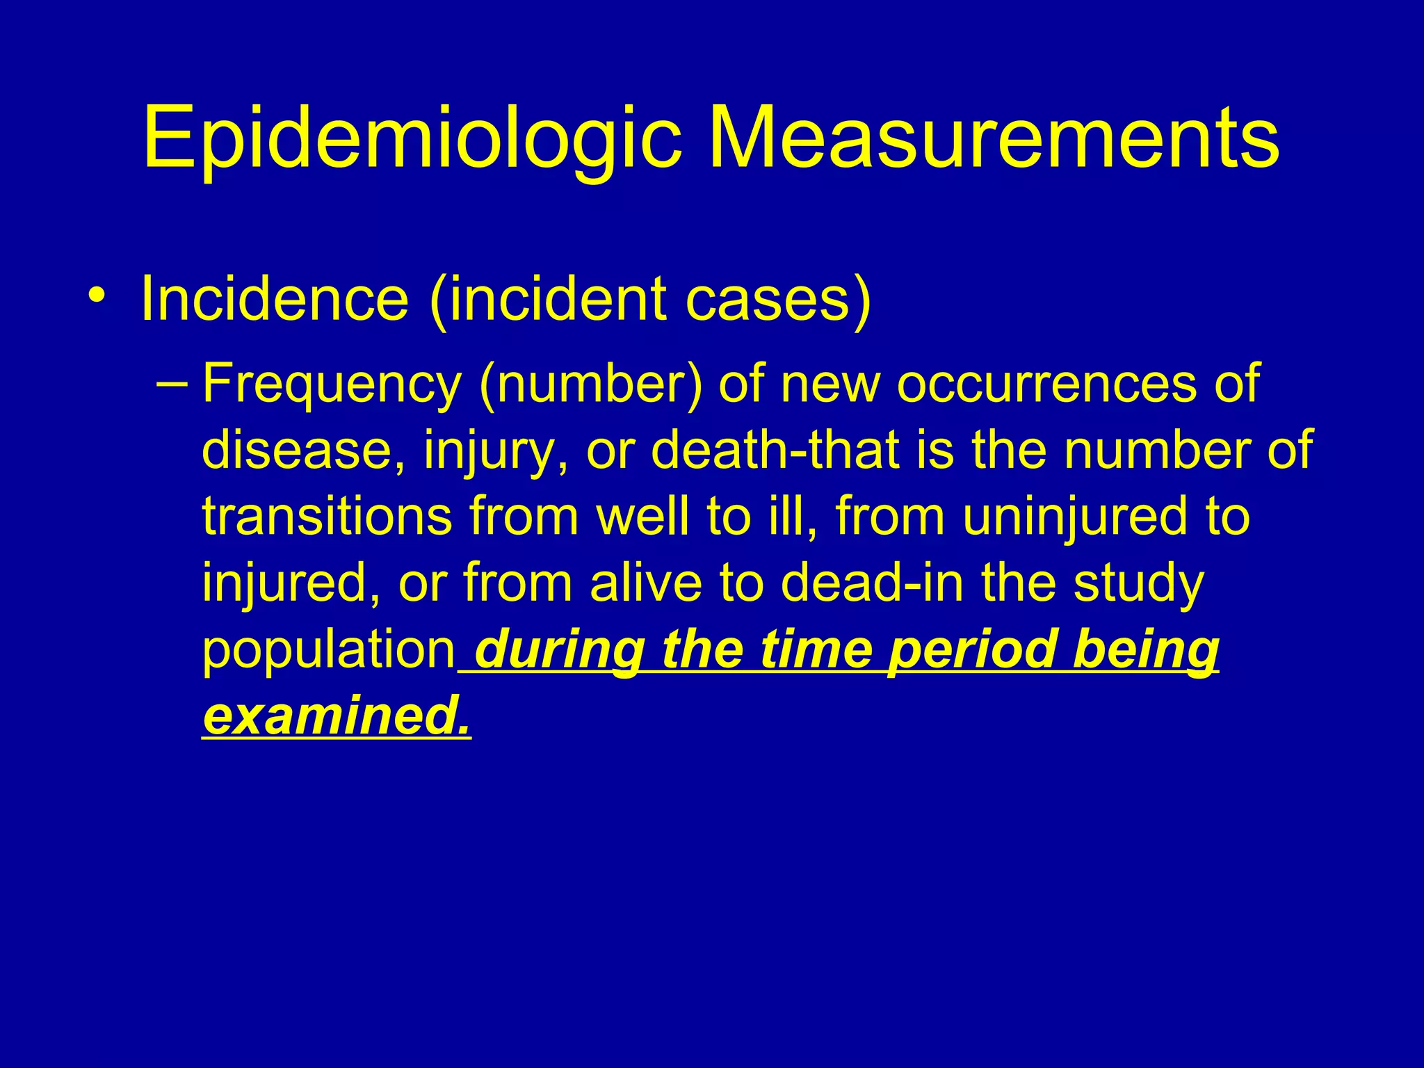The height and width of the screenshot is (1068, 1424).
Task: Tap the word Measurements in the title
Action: pos(994,136)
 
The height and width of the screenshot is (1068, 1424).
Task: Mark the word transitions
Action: pos(327,516)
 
